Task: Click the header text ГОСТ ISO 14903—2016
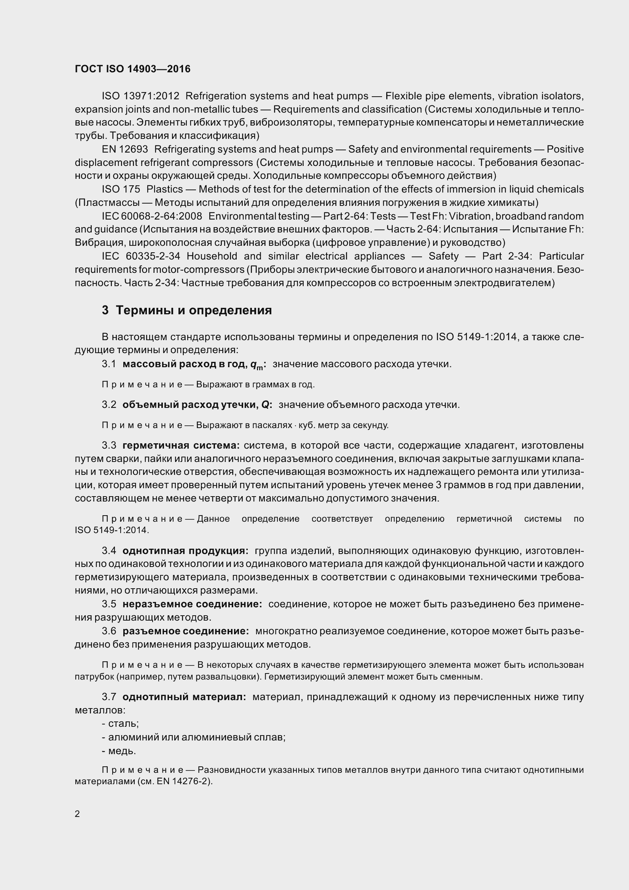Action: pyautogui.click(x=132, y=69)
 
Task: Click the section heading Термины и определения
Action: pyautogui.click(x=194, y=310)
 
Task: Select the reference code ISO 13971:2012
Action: pyautogui.click(x=140, y=96)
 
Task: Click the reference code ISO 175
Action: pyautogui.click(x=121, y=189)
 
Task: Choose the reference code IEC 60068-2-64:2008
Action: pyautogui.click(x=152, y=216)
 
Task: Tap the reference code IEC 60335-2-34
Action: pyautogui.click(x=141, y=256)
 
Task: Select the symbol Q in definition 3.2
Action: pyautogui.click(x=266, y=405)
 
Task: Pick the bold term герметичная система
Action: pyautogui.click(x=181, y=446)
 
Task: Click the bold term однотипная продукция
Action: pyautogui.click(x=185, y=551)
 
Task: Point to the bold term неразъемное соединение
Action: pyautogui.click(x=192, y=604)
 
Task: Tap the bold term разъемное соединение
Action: pyautogui.click(x=186, y=631)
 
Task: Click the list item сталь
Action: pyautogui.click(x=123, y=724)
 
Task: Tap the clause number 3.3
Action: pyautogui.click(x=109, y=446)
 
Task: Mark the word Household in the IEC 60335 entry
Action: pyautogui.click(x=212, y=256)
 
